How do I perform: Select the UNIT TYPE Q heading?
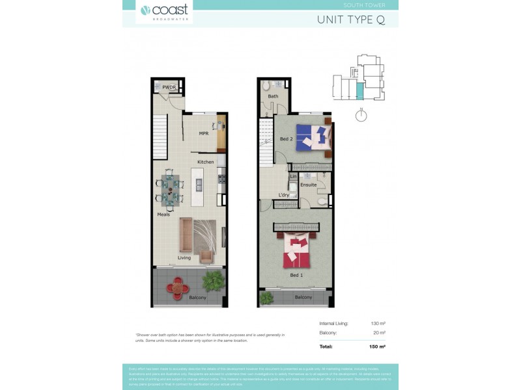point(350,19)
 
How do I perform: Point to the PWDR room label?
point(169,87)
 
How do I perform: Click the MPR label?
point(203,133)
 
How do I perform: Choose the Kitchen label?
point(206,162)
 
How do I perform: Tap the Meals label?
point(163,214)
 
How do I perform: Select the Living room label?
point(184,258)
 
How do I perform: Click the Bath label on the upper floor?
point(273,97)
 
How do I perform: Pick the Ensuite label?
point(308,185)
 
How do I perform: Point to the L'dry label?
point(283,195)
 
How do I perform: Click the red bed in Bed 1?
point(298,252)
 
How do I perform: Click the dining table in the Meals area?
point(169,190)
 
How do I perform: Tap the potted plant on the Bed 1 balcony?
point(266,298)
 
